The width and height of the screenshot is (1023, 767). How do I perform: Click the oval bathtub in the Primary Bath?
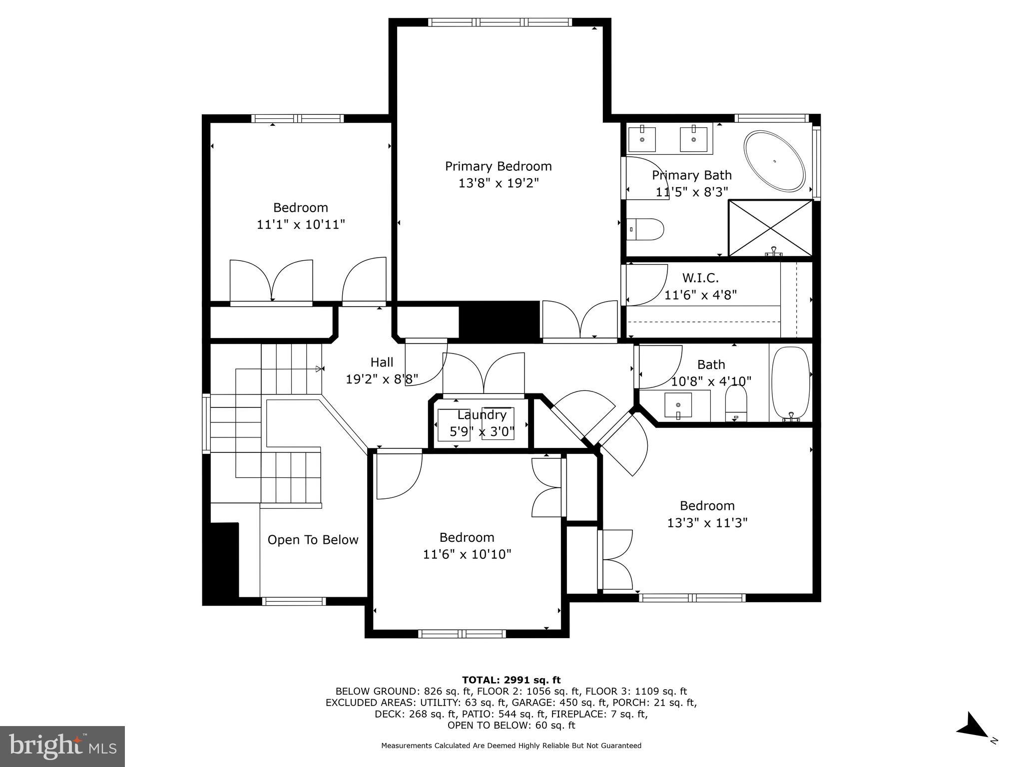pos(774,161)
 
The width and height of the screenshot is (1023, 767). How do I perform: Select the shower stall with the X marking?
pos(771,228)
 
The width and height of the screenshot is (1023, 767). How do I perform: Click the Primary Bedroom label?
pos(498,166)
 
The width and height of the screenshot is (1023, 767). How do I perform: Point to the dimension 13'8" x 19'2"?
pos(498,183)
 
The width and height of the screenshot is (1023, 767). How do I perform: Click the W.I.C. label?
pos(700,278)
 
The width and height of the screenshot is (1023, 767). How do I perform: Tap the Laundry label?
pos(482,415)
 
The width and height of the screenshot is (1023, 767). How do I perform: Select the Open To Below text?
pos(313,540)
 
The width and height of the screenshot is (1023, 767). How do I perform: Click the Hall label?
pos(382,363)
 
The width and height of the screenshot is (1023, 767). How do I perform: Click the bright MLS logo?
pos(62,746)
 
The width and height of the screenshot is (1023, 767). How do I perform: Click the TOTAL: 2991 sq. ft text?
pos(511,680)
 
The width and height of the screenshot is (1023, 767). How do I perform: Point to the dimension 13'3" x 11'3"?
pos(707,523)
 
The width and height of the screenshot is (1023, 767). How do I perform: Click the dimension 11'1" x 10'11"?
pos(301,225)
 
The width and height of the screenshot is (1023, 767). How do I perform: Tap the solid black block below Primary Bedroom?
pos(499,321)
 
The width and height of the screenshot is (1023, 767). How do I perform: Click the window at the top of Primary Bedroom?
pos(500,22)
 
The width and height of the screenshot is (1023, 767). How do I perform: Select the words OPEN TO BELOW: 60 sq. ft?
pos(511,726)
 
